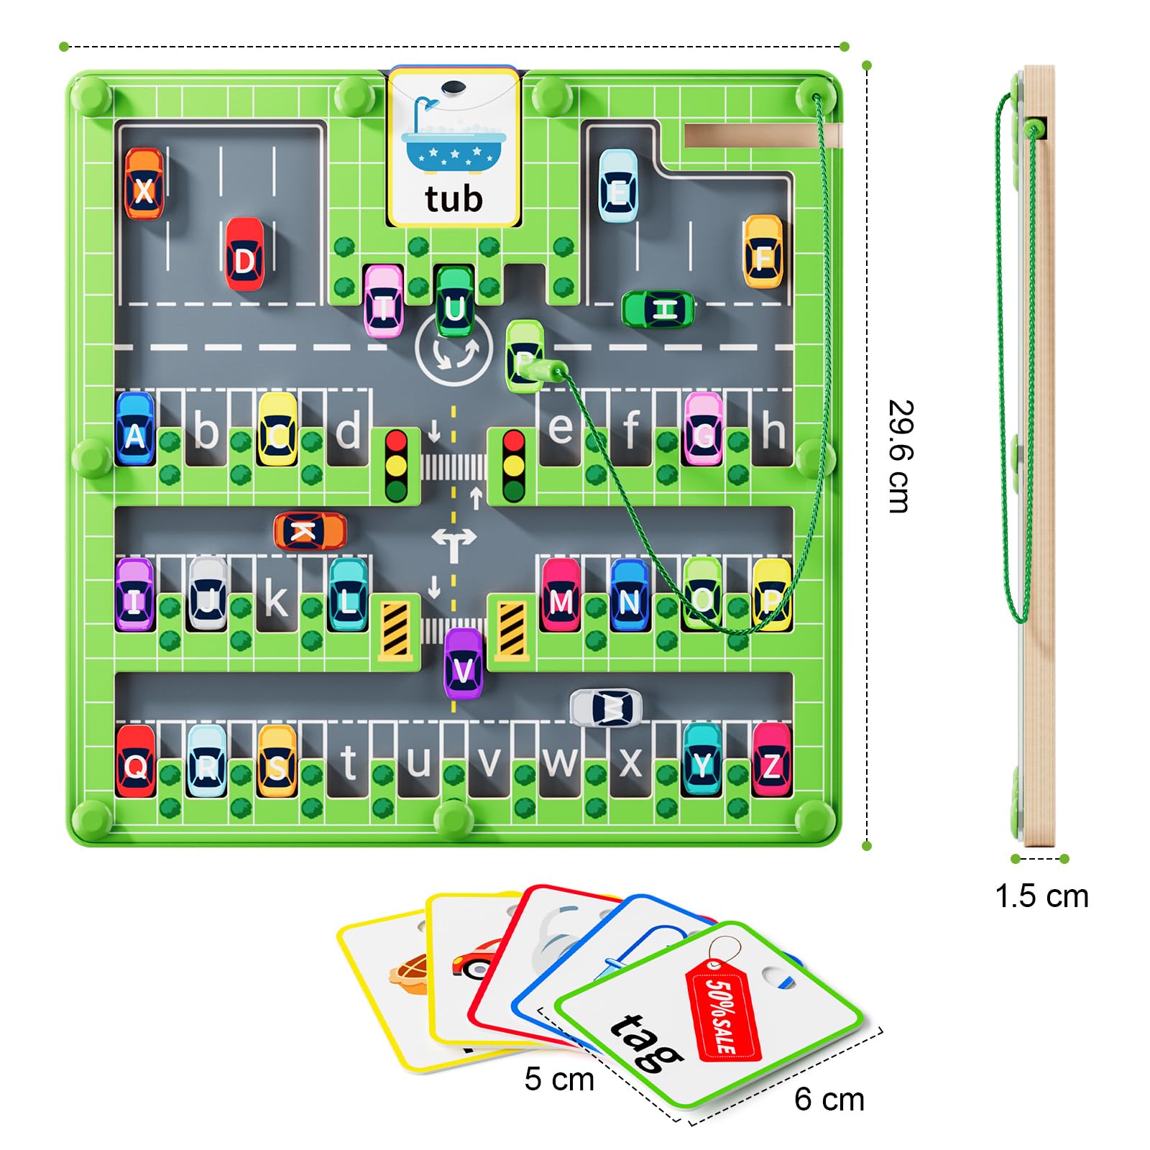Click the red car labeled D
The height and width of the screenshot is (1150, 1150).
tap(244, 254)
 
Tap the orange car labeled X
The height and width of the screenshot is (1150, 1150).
tap(144, 184)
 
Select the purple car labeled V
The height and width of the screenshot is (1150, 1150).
tap(464, 663)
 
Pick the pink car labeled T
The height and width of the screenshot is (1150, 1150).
tap(383, 301)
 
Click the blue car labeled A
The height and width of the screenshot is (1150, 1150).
tap(134, 428)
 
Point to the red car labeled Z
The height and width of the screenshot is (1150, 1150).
tap(771, 760)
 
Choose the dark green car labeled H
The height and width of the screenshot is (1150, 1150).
tap(658, 310)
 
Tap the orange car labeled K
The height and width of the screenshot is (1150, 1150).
tap(310, 531)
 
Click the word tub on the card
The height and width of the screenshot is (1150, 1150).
tap(453, 199)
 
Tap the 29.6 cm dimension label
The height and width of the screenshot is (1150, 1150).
tap(898, 456)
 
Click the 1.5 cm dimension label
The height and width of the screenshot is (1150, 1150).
tap(1041, 896)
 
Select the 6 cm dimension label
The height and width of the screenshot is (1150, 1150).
tap(829, 1099)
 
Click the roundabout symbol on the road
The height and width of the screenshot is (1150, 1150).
tap(454, 351)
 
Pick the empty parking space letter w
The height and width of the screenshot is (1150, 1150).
tap(560, 762)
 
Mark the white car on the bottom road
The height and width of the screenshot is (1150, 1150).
tap(606, 708)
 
